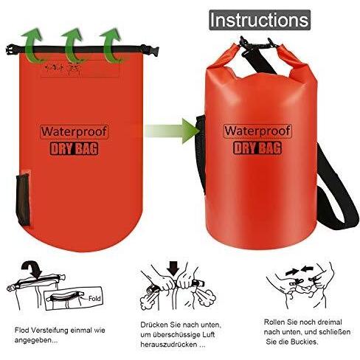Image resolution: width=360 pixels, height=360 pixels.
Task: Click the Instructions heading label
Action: coord(260,20)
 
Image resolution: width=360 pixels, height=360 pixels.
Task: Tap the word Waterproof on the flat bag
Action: coord(75,131)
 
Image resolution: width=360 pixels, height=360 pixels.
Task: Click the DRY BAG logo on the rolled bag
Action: coord(257,148)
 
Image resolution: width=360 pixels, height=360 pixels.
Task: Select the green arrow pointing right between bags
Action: coord(172,131)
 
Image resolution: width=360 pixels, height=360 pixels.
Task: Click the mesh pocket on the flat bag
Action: coord(23,199)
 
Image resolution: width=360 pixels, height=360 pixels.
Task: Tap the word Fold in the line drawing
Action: coord(94,299)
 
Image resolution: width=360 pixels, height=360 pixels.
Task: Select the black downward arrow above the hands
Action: coord(173,269)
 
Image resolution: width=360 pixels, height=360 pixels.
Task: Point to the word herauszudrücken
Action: coord(169,345)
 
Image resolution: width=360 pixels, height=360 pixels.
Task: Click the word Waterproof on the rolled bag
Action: coord(257,131)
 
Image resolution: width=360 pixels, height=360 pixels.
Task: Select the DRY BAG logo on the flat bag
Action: coord(74,149)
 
